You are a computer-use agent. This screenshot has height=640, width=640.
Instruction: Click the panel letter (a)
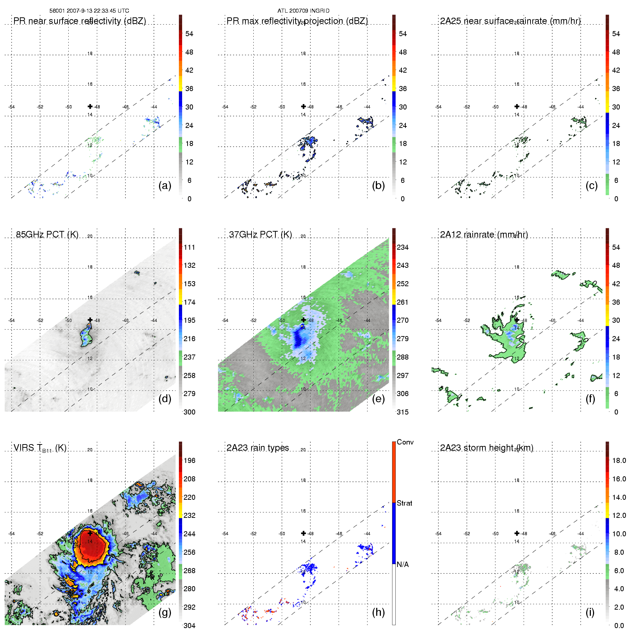164,186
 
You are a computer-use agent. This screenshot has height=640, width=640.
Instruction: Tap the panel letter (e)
378,399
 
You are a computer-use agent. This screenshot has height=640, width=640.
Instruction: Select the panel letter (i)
590,612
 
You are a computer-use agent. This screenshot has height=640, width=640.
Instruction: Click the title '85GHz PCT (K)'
47,235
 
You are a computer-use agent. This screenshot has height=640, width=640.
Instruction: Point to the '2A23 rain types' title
258,448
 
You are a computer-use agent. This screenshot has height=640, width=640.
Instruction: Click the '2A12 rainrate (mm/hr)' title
484,235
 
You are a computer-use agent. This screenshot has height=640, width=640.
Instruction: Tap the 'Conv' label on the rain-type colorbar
405,442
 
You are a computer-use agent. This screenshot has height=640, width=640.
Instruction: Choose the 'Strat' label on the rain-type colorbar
404,503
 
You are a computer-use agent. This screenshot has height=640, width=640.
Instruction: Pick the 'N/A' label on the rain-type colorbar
403,564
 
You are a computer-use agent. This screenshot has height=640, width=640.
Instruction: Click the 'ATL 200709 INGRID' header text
303,11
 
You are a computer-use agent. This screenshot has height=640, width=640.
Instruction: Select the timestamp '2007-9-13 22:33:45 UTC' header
98,11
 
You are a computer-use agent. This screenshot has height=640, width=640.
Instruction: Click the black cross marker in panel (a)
90,106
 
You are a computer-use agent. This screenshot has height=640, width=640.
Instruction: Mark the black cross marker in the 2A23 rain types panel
304,533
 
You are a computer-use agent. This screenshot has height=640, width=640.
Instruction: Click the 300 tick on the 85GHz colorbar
189,412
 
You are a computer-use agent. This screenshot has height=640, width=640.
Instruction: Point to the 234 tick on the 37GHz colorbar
403,247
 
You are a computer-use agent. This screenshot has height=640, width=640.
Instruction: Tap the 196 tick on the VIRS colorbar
189,460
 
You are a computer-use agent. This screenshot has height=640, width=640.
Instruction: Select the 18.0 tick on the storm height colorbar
619,460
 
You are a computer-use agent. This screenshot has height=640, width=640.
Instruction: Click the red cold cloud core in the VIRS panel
90,546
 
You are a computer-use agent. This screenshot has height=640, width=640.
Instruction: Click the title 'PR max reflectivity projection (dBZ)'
297,21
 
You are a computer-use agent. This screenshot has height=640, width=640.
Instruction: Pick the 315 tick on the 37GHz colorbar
403,412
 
